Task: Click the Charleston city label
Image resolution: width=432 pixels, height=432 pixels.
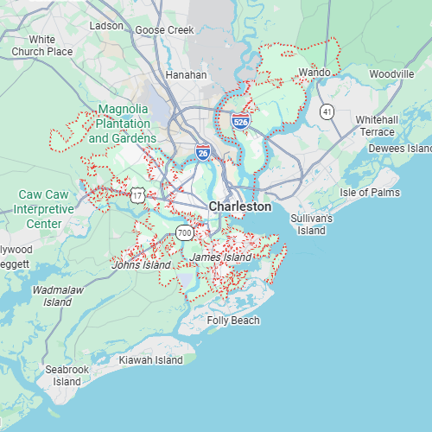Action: pyautogui.click(x=239, y=206)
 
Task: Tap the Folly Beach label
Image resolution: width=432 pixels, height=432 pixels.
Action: pyautogui.click(x=232, y=321)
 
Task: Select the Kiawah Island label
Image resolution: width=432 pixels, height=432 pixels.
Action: pyautogui.click(x=151, y=359)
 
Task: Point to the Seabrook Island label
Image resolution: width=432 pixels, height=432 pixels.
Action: pyautogui.click(x=67, y=375)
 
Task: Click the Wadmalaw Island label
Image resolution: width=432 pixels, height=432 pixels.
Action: pyautogui.click(x=58, y=296)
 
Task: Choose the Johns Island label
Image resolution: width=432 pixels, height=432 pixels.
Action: pyautogui.click(x=141, y=265)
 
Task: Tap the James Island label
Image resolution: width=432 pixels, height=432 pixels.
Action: pyautogui.click(x=220, y=257)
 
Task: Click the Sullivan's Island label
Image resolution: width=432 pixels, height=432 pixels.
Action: pyautogui.click(x=312, y=225)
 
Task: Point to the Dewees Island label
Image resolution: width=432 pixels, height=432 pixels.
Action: pyautogui.click(x=399, y=149)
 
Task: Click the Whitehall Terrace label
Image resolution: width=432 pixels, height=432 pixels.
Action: pyautogui.click(x=377, y=125)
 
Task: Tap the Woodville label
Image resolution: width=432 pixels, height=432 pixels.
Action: pyautogui.click(x=391, y=74)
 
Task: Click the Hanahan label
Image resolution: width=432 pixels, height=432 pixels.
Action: pyautogui.click(x=186, y=75)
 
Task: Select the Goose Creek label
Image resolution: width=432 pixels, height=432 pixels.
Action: pyautogui.click(x=164, y=30)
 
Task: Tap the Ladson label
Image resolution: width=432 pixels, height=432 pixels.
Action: pyautogui.click(x=106, y=26)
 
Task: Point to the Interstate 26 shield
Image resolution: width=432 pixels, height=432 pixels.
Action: pyautogui.click(x=202, y=152)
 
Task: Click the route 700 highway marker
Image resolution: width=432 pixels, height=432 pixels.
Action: pyautogui.click(x=185, y=232)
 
